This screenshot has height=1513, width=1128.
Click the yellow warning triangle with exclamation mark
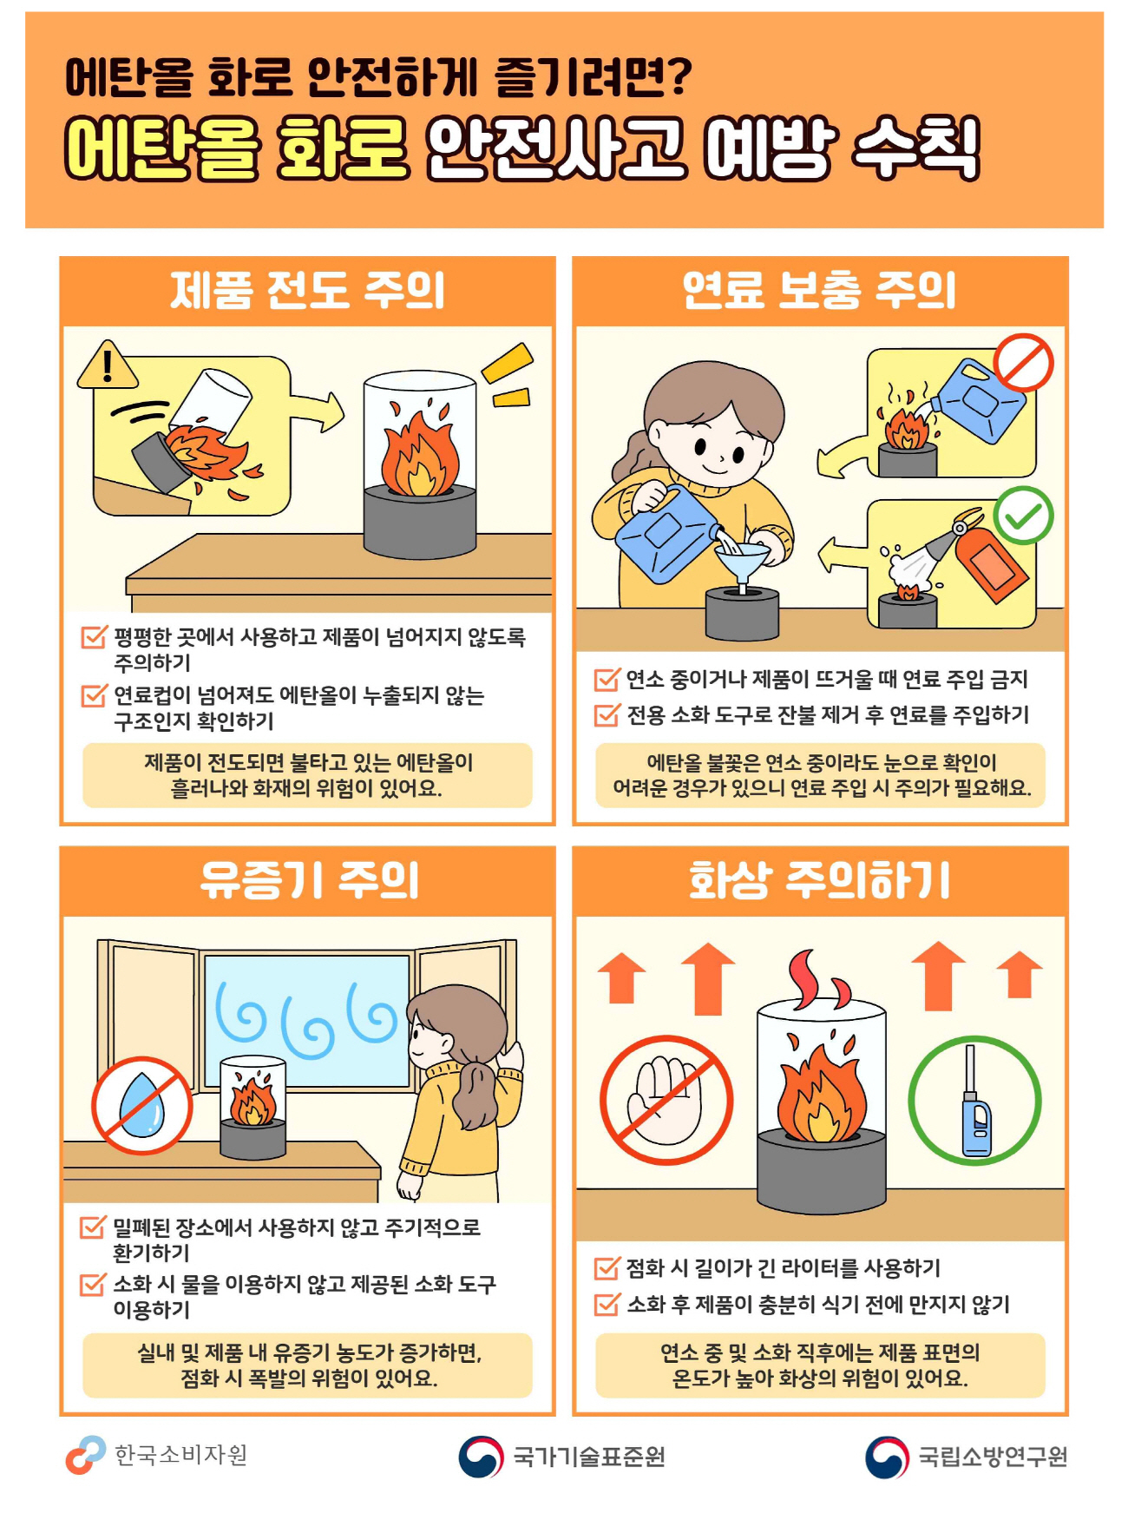pyautogui.click(x=108, y=365)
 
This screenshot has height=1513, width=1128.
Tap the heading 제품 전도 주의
pyautogui.click(x=307, y=290)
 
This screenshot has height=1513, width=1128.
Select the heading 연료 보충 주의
pyautogui.click(x=819, y=290)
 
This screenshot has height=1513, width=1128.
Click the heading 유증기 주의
pyautogui.click(x=309, y=880)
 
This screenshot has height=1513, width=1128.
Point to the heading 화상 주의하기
pyautogui.click(x=819, y=880)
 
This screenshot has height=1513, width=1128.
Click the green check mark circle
pyautogui.click(x=1024, y=516)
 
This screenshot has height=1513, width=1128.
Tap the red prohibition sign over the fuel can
pyautogui.click(x=1024, y=363)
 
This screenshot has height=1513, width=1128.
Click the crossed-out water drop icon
pyautogui.click(x=142, y=1105)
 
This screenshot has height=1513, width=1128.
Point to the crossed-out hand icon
pyautogui.click(x=666, y=1100)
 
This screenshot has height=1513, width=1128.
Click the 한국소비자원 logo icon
pyautogui.click(x=85, y=1455)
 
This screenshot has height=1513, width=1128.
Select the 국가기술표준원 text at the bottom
pyautogui.click(x=589, y=1456)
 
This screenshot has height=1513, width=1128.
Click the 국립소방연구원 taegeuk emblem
pyautogui.click(x=888, y=1457)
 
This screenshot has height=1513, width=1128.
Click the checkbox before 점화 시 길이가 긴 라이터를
pyautogui.click(x=607, y=1268)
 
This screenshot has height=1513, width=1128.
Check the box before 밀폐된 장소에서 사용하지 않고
pyautogui.click(x=93, y=1227)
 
